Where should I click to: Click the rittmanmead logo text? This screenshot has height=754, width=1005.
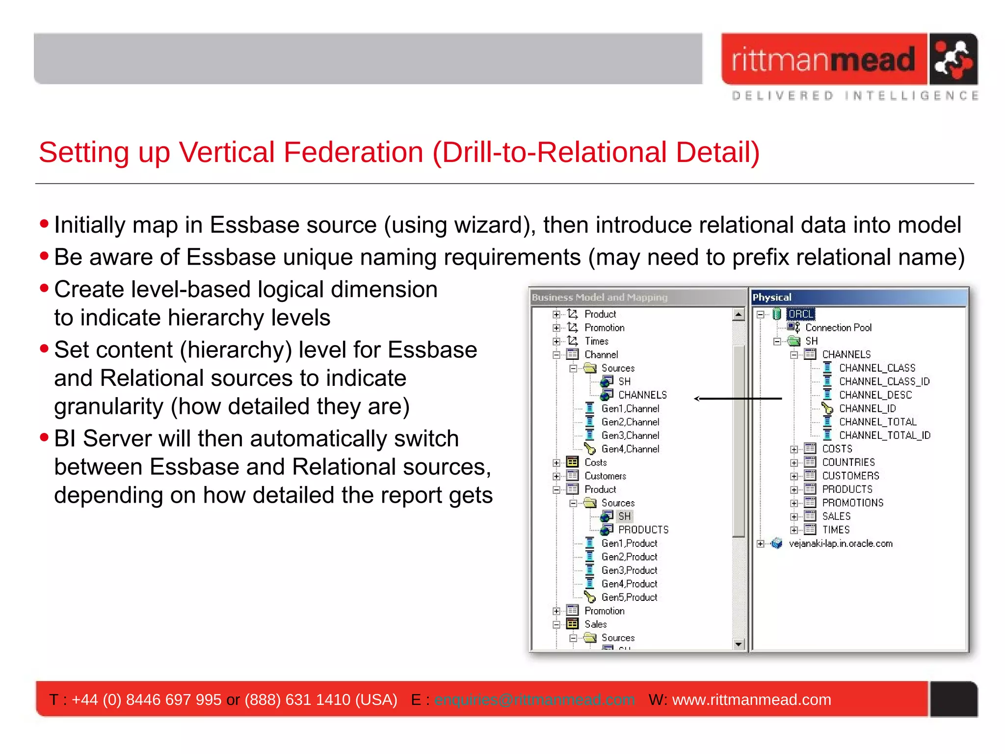[823, 60]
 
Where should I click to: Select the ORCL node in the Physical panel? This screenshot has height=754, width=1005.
[800, 314]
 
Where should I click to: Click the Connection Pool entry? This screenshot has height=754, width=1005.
[838, 328]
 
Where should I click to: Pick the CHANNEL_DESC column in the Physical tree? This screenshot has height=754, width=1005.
[875, 395]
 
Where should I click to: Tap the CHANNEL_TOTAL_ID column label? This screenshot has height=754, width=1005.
[884, 435]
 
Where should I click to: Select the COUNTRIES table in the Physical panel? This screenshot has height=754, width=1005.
[848, 462]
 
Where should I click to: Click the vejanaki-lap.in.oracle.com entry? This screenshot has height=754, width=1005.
[840, 544]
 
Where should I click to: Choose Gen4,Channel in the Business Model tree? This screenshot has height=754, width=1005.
[630, 449]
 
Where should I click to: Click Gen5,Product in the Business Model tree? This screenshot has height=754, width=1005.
[629, 597]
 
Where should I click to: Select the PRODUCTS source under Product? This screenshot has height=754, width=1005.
[643, 530]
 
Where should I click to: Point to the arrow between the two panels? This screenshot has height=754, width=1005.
[739, 399]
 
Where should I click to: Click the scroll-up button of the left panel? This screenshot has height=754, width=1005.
[739, 314]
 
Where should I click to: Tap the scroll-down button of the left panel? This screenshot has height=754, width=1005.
[739, 644]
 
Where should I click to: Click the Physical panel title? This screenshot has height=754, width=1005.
[772, 297]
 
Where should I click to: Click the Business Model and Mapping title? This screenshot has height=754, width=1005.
[600, 297]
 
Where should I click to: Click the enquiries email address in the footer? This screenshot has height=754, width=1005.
[534, 700]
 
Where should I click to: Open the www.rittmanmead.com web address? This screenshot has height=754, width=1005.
[751, 700]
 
